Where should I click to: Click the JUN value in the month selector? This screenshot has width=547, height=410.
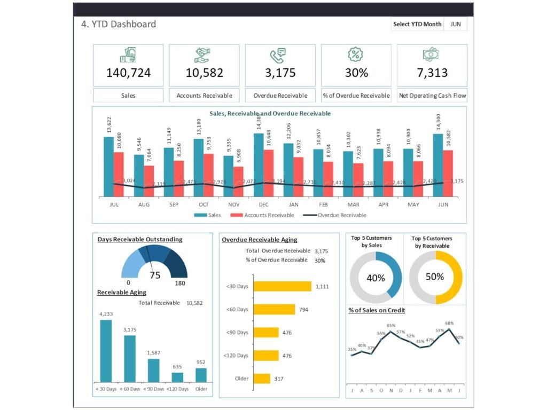[x=456, y=24]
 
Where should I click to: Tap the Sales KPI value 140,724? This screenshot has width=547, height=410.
[x=128, y=73]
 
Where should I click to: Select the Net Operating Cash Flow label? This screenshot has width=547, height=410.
[x=432, y=96]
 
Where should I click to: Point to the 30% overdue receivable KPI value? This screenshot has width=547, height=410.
[x=356, y=73]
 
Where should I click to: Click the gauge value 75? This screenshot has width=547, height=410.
[x=155, y=275]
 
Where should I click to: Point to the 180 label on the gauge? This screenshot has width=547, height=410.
[x=180, y=283]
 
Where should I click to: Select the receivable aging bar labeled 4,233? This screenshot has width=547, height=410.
[x=106, y=351]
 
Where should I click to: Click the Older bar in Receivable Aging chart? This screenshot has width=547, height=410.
[x=201, y=375]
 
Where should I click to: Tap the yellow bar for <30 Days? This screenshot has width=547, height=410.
[x=282, y=286]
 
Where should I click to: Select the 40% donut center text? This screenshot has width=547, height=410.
[x=376, y=278]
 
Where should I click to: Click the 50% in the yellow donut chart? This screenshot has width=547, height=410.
[x=435, y=277]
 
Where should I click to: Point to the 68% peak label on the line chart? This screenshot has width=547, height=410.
[x=449, y=323]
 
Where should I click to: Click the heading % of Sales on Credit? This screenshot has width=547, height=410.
[x=376, y=310]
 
